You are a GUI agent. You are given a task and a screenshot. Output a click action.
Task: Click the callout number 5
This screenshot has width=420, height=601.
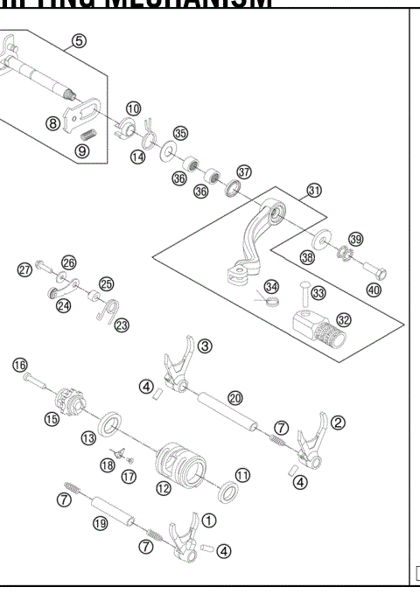pyautogui.click(x=80, y=39)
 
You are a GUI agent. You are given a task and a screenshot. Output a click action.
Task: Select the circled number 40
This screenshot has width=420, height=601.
pyautogui.click(x=374, y=290)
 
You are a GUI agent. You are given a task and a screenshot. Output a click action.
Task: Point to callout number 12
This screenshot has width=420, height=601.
pyautogui.click(x=164, y=488)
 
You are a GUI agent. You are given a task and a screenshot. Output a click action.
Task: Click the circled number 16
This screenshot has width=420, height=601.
pyautogui.click(x=19, y=365)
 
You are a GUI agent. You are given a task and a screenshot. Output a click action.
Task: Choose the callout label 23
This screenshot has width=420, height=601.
pyautogui.click(x=122, y=325)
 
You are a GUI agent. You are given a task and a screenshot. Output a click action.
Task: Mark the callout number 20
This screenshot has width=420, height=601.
pyautogui.click(x=235, y=396)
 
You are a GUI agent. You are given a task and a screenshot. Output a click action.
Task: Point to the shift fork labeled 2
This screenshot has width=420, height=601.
pyautogui.click(x=311, y=441)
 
